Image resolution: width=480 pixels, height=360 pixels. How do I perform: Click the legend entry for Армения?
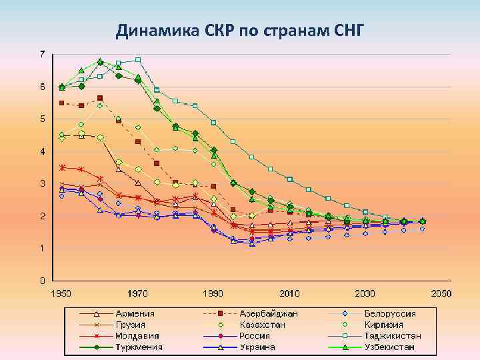[x=135, y=313]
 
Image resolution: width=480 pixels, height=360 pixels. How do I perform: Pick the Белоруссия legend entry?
[x=390, y=313]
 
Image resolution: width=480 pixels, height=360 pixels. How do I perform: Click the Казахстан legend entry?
[x=264, y=325]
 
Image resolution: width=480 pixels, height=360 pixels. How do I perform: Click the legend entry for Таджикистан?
[x=393, y=336]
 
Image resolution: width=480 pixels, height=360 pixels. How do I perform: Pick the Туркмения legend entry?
[x=139, y=347]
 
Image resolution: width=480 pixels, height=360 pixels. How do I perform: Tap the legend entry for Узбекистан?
[x=389, y=347]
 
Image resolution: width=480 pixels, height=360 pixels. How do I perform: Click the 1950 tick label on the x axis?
[x=62, y=293]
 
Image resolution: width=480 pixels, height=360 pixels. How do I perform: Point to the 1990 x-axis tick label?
[x=213, y=293]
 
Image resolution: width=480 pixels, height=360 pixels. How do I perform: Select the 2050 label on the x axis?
[x=441, y=293]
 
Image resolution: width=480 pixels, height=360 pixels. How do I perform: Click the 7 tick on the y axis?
[x=43, y=53]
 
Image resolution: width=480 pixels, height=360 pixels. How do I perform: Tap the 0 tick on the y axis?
[x=43, y=280]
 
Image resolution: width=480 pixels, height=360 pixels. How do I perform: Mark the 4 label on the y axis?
[x=43, y=151]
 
